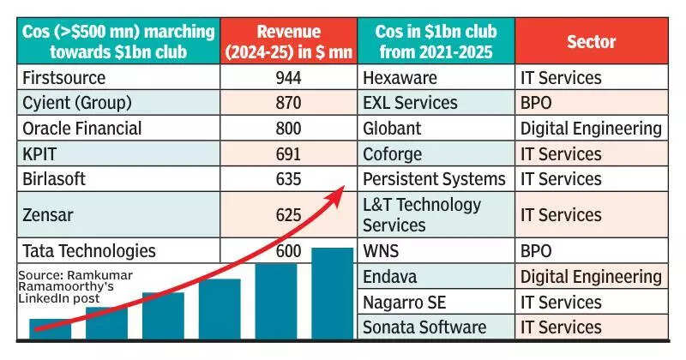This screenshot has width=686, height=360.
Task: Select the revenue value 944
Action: pos(288,78)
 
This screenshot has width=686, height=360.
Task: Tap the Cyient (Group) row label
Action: pos(77,103)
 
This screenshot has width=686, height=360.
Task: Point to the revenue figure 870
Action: pos(288,103)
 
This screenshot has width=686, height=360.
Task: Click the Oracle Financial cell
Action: pos(82,129)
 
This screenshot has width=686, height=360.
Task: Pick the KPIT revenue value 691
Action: pos(288,154)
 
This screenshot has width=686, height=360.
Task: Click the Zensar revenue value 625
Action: pos(288,214)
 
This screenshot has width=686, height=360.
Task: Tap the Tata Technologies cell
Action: pos(89,251)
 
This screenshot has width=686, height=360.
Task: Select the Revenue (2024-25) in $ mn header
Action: pos(288,40)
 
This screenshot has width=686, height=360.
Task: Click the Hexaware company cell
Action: pos(401,78)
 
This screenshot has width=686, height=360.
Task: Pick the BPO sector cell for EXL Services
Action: pos(539,103)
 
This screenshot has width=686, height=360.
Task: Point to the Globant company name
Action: pos(393,129)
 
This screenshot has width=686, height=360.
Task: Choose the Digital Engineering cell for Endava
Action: pos(591,277)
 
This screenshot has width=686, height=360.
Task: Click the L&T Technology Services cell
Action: pos(422,214)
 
